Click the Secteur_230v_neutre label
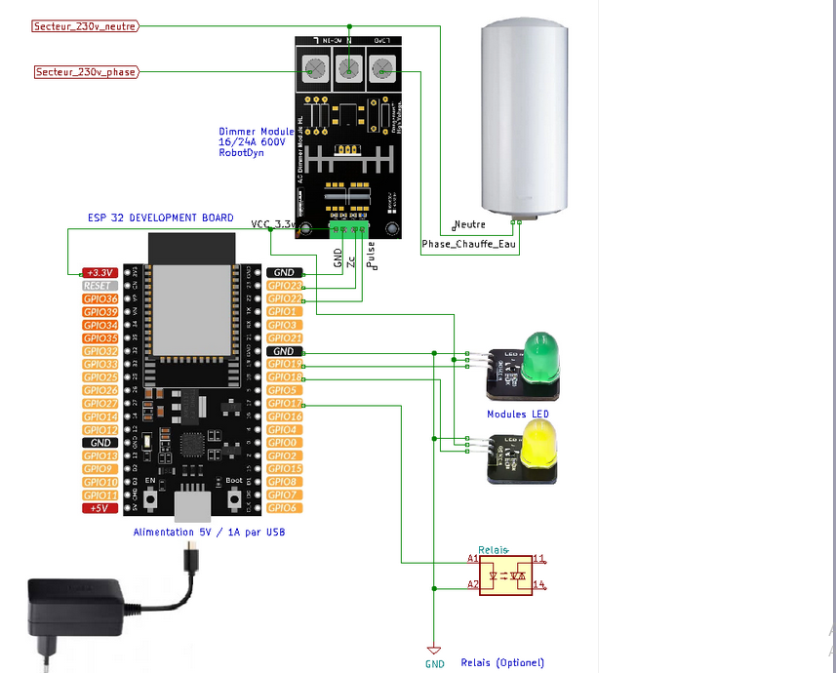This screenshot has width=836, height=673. coord(85,26)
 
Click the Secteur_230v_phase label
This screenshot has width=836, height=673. coord(86,72)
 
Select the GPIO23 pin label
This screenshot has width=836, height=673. coord(285,286)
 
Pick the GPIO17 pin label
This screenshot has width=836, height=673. coord(285,404)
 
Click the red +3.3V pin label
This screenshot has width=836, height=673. coord(100,272)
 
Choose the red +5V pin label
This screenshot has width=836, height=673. coord(100,508)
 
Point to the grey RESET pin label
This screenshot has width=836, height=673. coord(100,286)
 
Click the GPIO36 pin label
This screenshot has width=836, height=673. coord(100,298)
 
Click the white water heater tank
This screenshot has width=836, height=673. coord(524,117)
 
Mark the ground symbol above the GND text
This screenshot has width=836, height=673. coord(434,650)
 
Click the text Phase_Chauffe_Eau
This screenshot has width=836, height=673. coord(468,244)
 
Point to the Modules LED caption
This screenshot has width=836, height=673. coord(518,415)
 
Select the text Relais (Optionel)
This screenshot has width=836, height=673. coord(502,663)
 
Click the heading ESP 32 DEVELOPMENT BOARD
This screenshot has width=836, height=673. coord(160,218)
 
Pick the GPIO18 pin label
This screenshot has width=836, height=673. coord(285,377)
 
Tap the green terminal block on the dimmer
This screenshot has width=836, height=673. coord(349,229)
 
